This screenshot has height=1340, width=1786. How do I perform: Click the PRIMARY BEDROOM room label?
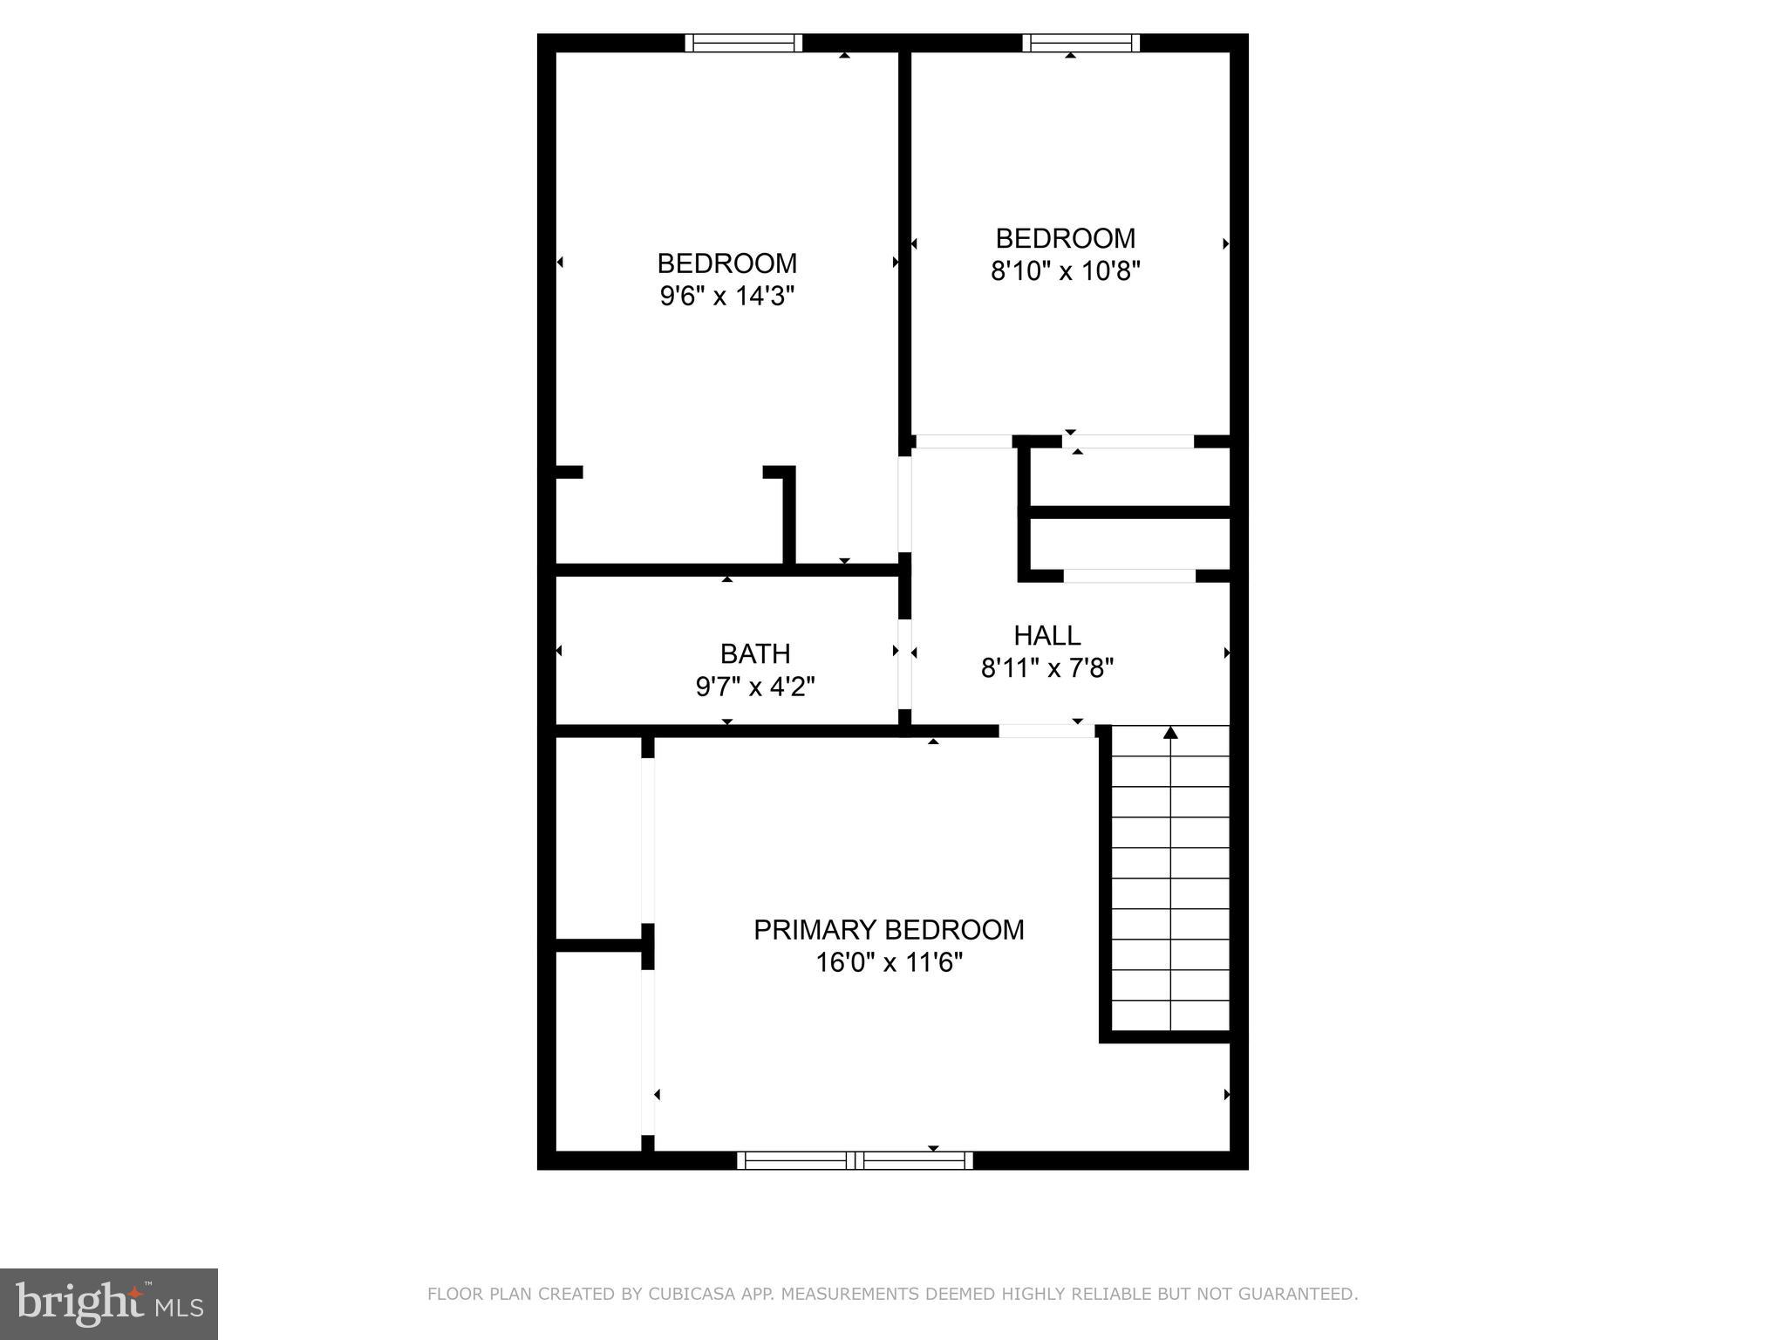tap(889, 930)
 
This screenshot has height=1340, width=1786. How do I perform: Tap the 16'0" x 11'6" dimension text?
tap(889, 963)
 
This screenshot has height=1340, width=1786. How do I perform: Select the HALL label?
tap(1046, 635)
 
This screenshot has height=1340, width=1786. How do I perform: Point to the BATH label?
tap(755, 653)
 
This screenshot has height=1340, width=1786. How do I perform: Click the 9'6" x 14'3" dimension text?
tap(726, 297)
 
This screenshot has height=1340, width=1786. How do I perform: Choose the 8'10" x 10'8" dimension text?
tap(1065, 271)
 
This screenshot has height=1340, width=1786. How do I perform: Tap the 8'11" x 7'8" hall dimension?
tap(1046, 668)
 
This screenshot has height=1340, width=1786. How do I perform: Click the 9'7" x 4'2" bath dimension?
tap(755, 687)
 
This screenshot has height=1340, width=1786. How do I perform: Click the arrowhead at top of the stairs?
tap(1170, 733)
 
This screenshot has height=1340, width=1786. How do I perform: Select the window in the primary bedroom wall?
tap(855, 1160)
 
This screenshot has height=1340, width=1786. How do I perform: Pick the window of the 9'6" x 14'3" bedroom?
tap(743, 43)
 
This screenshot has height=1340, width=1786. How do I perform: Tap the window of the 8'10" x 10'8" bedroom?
tap(1081, 43)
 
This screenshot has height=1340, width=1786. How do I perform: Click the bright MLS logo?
tap(109, 1303)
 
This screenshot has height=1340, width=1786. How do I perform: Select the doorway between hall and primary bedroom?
tap(1046, 731)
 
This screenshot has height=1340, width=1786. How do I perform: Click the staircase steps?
tap(1170, 881)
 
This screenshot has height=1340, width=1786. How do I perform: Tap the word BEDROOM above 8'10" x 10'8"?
tap(1065, 238)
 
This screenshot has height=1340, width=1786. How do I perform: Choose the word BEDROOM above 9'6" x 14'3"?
tap(726, 263)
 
